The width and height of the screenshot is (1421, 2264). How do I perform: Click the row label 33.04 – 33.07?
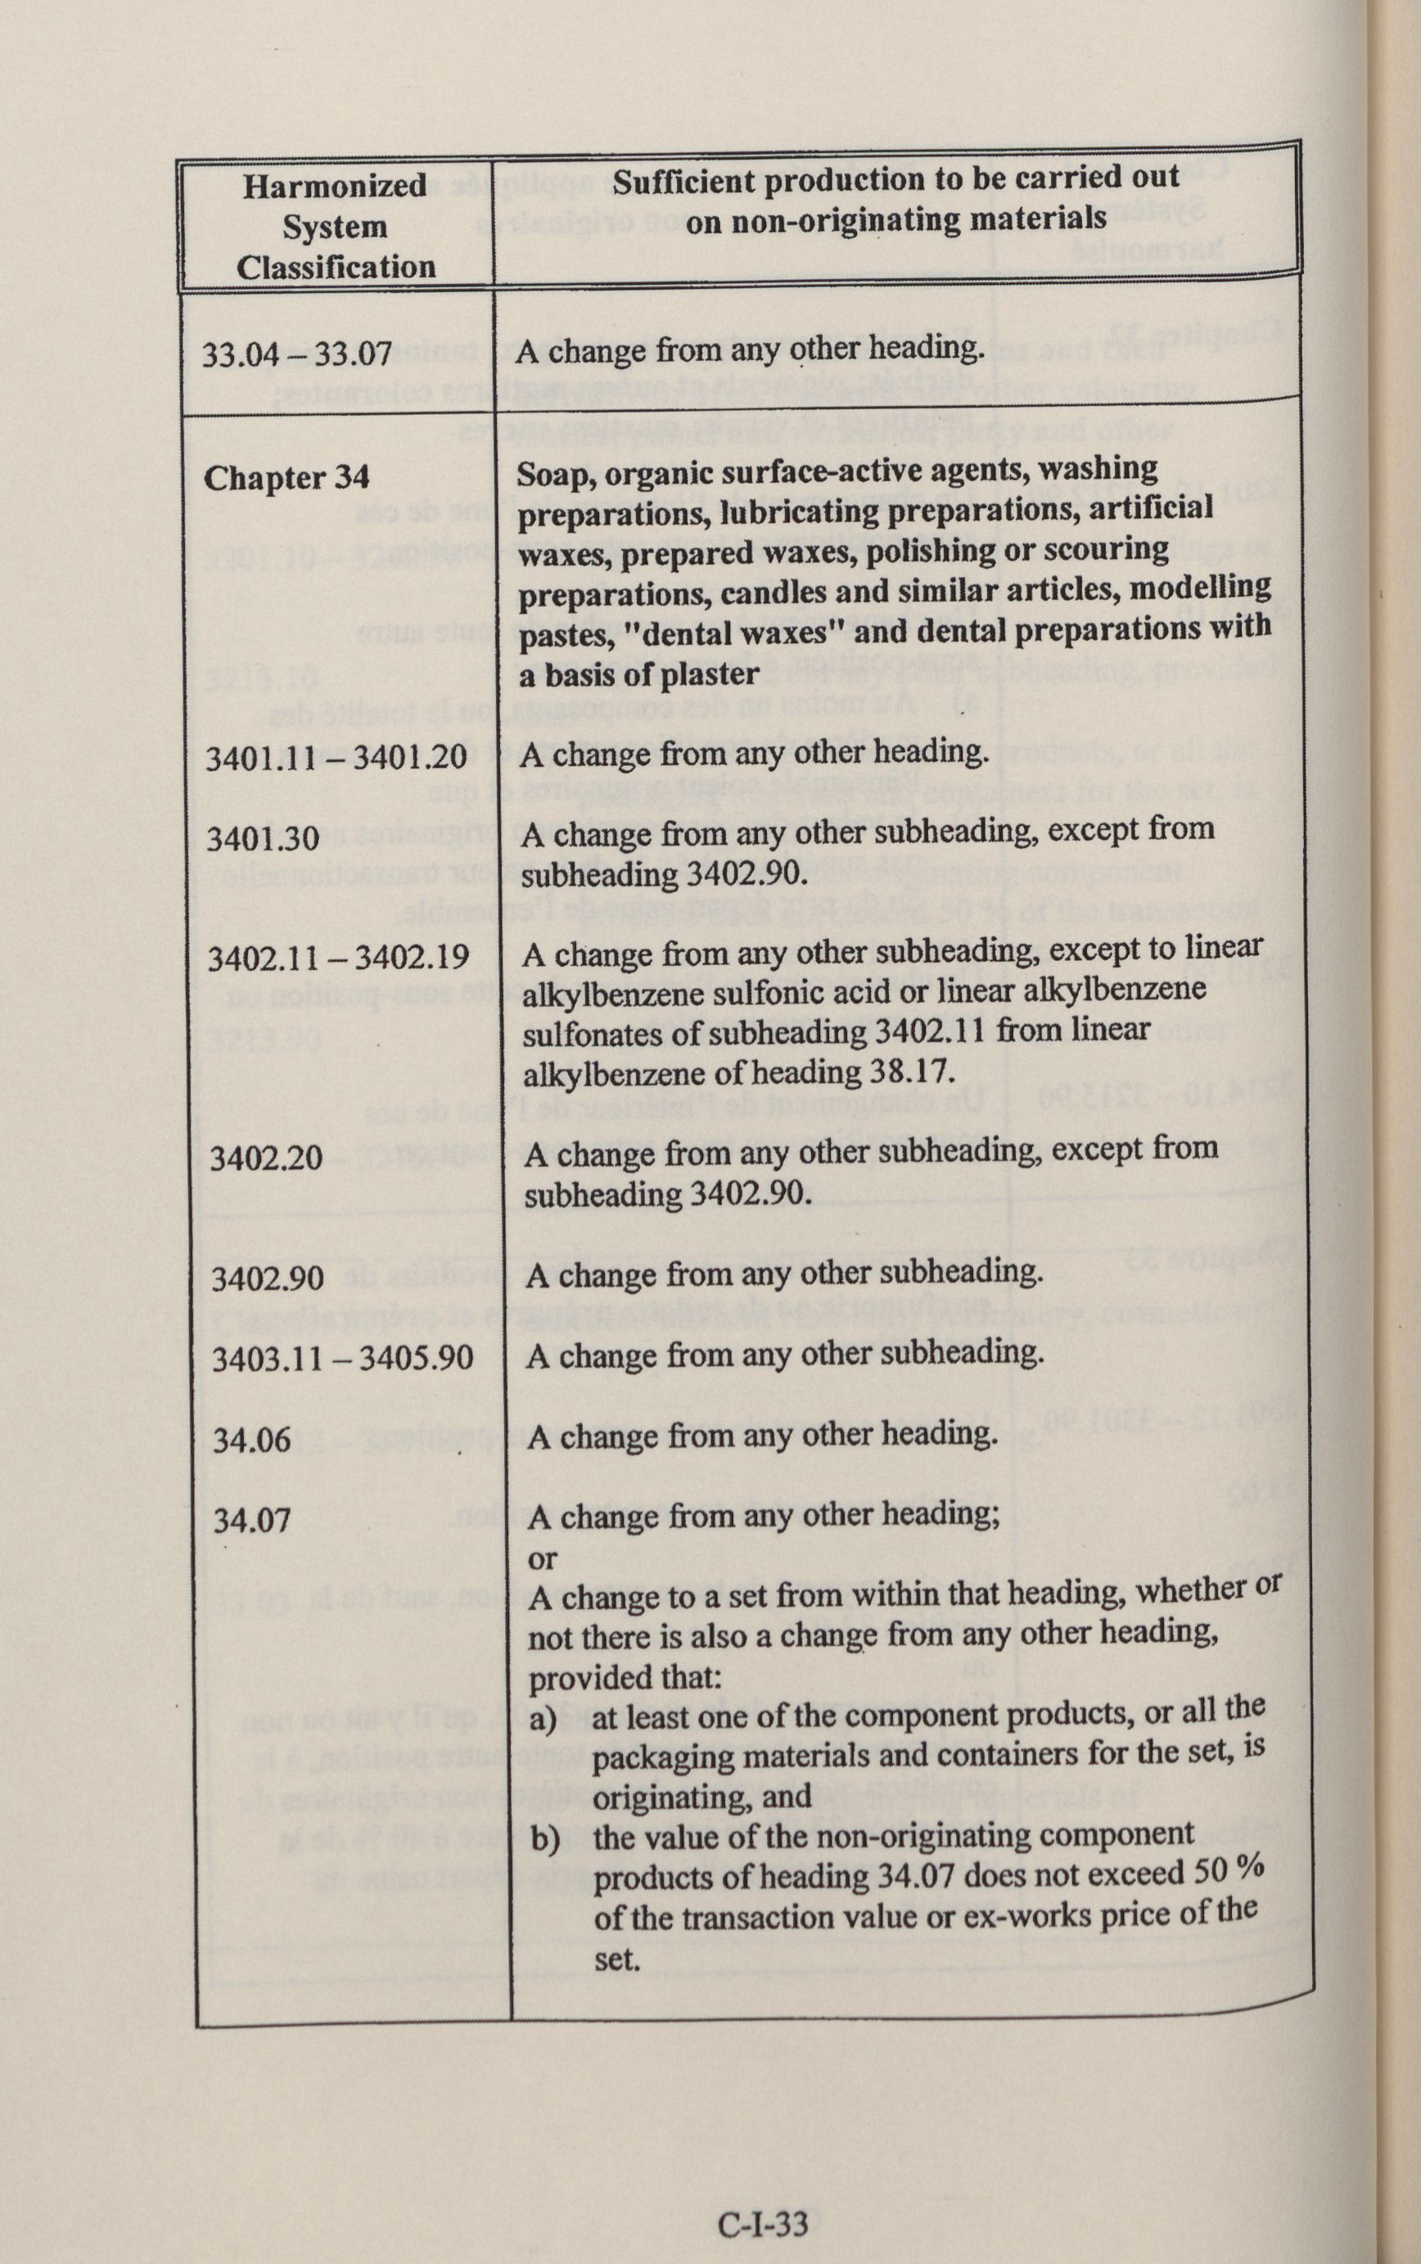[x=297, y=354]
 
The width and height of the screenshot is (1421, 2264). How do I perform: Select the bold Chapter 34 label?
[x=286, y=478]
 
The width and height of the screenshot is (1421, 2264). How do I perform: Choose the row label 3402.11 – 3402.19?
[x=338, y=958]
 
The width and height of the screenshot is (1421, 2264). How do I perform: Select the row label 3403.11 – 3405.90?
[x=342, y=1359]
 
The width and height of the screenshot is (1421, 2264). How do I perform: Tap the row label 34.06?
[x=252, y=1439]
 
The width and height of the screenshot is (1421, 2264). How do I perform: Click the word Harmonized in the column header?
[x=335, y=186]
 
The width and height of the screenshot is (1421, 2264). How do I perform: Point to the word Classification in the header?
[x=336, y=268]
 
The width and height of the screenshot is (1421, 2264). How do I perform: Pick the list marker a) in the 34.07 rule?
[x=544, y=1721]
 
